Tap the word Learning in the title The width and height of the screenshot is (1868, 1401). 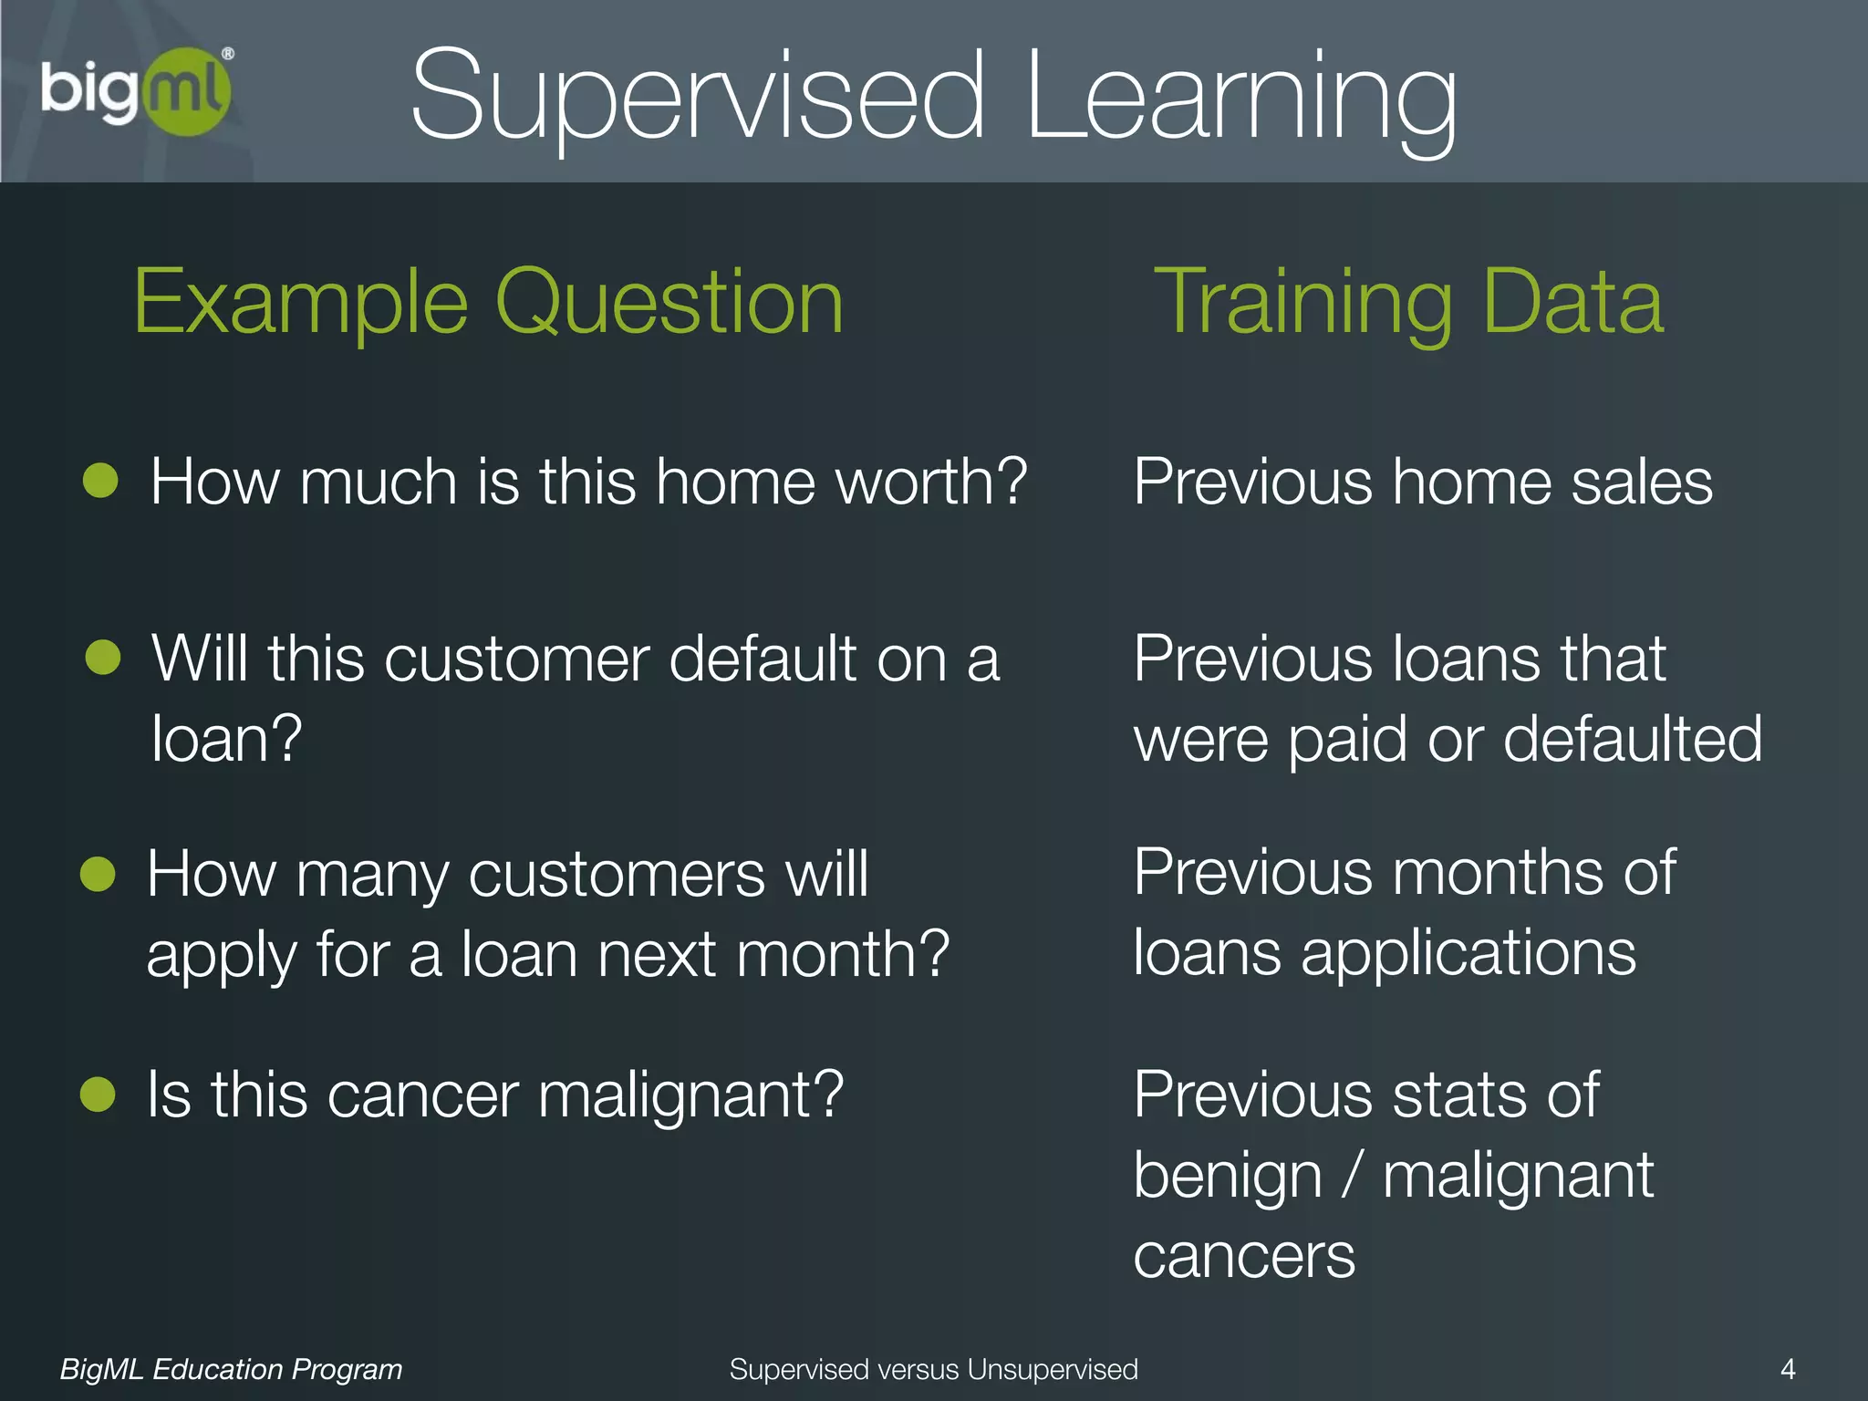pos(1240,99)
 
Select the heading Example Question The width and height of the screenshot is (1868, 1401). pos(489,301)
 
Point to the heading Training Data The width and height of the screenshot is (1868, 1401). pos(1409,301)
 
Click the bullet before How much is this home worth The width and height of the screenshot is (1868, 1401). pos(100,480)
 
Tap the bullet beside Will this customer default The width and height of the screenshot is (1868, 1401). pos(103,657)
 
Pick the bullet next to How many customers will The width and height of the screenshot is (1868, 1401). pos(98,873)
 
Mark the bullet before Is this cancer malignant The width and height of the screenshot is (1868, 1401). pos(98,1094)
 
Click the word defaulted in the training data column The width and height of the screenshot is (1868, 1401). pos(1633,738)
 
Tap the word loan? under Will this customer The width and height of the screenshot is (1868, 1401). pos(226,738)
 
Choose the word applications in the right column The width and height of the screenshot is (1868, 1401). pos(1468,954)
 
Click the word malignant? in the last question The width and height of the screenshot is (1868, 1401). pos(690,1095)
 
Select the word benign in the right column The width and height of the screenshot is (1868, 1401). pos(1228,1177)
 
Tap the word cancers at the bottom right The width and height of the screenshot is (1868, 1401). pos(1244,1256)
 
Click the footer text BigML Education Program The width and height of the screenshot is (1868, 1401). pos(231,1368)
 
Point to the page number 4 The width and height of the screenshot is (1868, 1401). pos(1788,1368)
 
